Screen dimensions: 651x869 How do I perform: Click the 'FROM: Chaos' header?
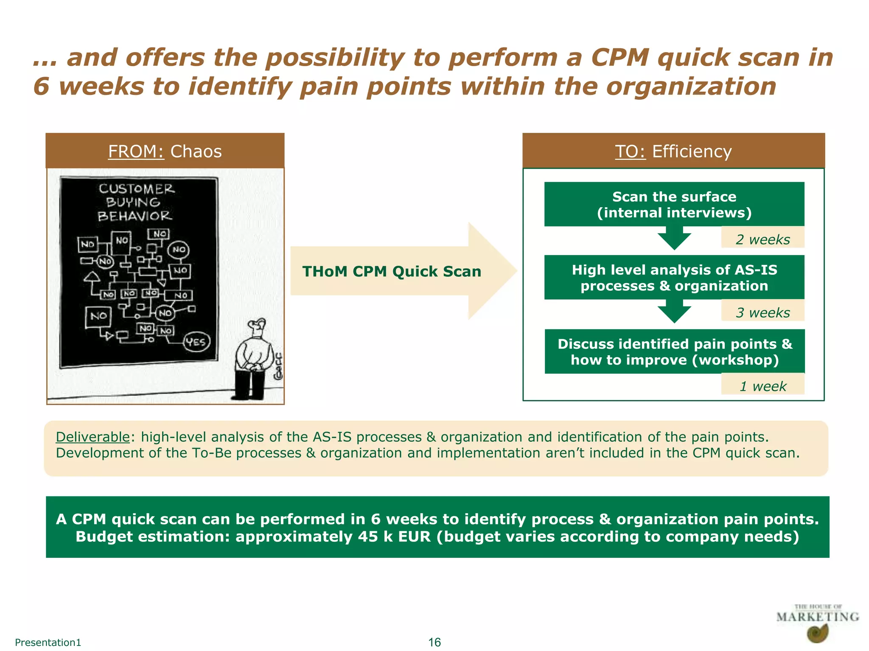tap(165, 151)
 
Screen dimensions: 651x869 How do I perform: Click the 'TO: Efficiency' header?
tap(673, 151)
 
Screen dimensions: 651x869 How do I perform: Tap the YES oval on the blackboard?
tap(196, 342)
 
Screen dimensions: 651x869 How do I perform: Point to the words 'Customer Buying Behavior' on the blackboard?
tap(136, 203)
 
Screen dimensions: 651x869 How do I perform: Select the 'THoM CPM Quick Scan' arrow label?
tap(391, 271)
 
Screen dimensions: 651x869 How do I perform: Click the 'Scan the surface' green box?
tap(674, 204)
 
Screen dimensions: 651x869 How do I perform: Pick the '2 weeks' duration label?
tap(762, 239)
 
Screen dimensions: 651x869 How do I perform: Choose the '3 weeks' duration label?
tap(762, 313)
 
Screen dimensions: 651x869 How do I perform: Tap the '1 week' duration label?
tap(762, 386)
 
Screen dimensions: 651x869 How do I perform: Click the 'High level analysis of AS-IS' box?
tap(674, 278)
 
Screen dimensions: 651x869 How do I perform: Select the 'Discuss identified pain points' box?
tap(674, 351)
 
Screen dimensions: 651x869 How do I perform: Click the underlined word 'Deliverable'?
tap(93, 437)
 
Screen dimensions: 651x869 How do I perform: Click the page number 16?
tap(434, 642)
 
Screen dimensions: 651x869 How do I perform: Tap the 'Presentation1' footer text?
tap(48, 642)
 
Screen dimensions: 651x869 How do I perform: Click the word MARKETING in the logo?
tap(817, 617)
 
